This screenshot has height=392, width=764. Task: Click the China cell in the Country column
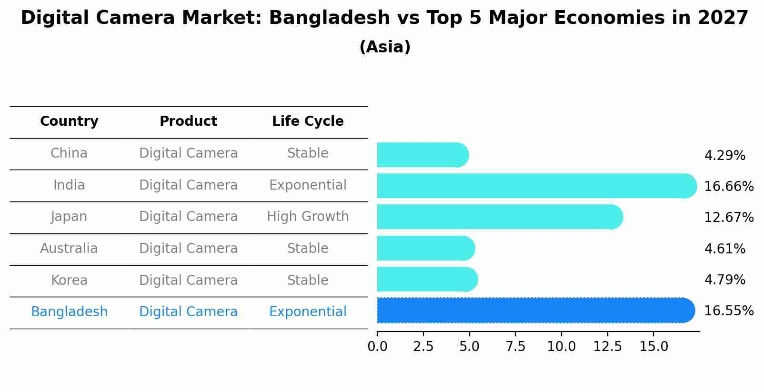pos(69,153)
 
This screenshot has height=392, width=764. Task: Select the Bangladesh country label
pos(69,312)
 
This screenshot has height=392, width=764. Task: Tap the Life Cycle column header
pos(308,121)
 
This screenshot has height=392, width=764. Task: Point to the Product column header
pos(188,121)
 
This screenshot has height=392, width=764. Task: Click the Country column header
pos(69,121)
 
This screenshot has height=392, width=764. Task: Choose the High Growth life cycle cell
pos(308,217)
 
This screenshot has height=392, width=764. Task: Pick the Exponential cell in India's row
pos(308,185)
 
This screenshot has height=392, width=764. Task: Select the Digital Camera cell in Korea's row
pos(188,281)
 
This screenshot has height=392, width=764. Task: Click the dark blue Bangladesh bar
pos(533,311)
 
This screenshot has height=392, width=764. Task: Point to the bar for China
pos(422,155)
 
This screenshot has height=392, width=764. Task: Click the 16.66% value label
pos(729,187)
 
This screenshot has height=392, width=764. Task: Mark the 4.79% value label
pos(724,280)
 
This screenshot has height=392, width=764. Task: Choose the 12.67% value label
pos(729,218)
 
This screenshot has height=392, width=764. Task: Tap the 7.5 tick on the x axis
pos(515,347)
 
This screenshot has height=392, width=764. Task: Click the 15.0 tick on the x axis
pos(653,347)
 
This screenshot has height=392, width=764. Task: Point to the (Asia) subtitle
pos(385,47)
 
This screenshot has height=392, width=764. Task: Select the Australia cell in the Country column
pos(69,249)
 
